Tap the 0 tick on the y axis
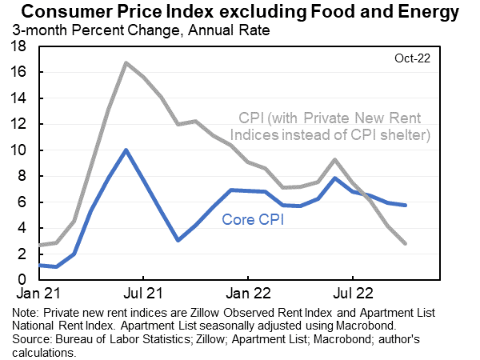click(x=23, y=280)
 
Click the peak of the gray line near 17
click(x=126, y=62)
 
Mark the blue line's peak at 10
click(x=126, y=150)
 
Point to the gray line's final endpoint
click(x=406, y=243)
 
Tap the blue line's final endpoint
click(x=406, y=206)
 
